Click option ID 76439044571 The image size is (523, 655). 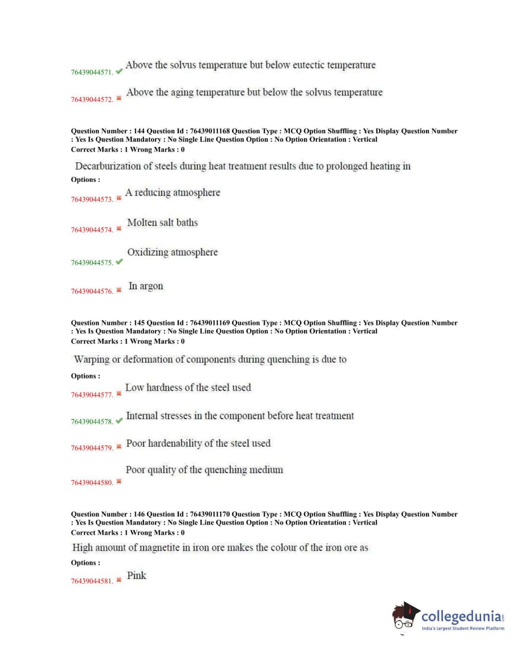(92, 72)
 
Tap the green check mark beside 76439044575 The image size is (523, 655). (119, 262)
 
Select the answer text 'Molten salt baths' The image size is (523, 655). (162, 222)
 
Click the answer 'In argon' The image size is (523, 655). (146, 286)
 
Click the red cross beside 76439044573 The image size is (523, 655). (119, 198)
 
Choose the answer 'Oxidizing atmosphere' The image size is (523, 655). (172, 252)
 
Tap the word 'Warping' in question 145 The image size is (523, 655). (91, 359)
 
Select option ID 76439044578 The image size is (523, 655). (92, 422)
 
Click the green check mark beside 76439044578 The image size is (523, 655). (119, 421)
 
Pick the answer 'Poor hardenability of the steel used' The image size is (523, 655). (198, 443)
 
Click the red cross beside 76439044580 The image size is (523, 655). (119, 481)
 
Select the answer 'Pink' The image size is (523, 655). (137, 575)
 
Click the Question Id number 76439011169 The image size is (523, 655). (210, 323)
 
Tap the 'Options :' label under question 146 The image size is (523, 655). (86, 563)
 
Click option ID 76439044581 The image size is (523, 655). (92, 581)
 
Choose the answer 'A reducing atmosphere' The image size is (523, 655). (173, 192)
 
